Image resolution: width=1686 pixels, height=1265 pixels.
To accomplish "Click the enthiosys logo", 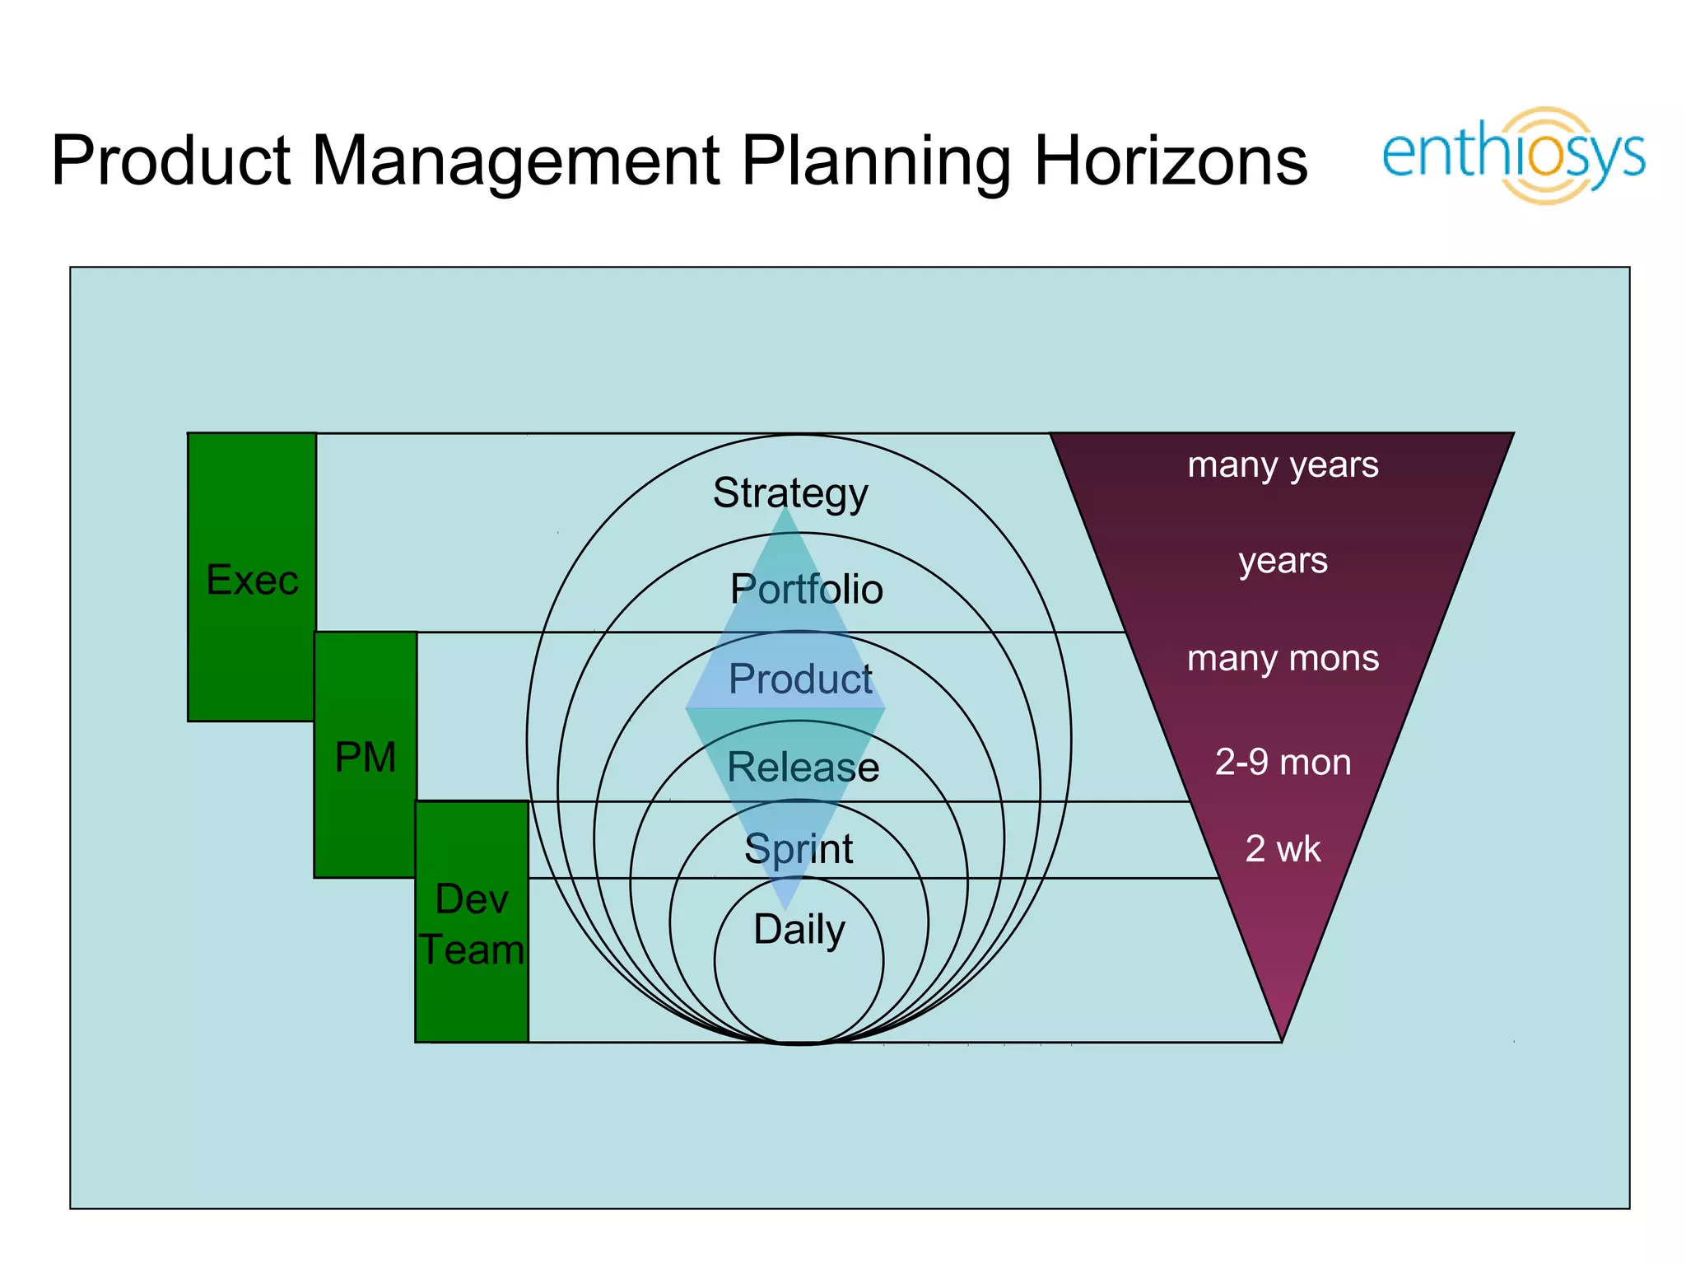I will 1513,155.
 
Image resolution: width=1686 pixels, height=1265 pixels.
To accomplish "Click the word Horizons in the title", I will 1170,161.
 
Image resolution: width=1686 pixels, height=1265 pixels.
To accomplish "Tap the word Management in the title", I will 516,161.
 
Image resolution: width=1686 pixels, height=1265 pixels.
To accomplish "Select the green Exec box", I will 251,576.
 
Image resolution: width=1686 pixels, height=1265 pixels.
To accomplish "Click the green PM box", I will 366,755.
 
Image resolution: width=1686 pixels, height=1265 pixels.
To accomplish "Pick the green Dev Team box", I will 472,922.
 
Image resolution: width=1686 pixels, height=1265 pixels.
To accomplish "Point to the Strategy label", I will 790,493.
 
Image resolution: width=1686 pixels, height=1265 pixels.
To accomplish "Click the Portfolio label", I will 806,590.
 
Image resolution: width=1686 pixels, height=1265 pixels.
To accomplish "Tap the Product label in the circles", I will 800,679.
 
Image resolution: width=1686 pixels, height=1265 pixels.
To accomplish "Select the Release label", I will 803,767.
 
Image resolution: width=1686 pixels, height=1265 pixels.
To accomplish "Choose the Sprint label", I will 799,848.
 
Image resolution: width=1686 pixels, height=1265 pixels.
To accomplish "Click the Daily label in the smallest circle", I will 799,930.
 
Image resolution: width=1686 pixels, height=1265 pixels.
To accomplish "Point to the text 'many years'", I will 1283,465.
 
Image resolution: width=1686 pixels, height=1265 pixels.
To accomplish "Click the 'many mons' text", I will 1283,659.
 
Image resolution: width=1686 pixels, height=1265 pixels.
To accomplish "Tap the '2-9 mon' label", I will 1283,762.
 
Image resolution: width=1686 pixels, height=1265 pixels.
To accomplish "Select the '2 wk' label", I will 1283,849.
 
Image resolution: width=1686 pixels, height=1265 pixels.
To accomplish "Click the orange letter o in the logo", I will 1547,156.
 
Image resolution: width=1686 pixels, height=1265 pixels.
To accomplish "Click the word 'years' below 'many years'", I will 1283,562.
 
